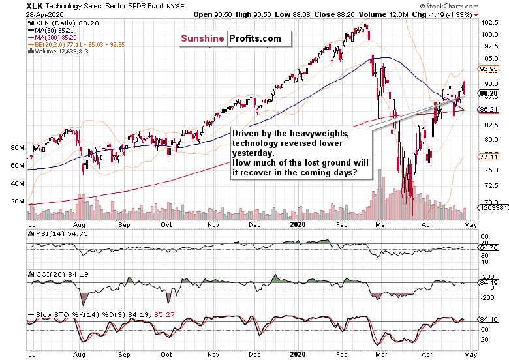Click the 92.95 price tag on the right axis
(489, 68)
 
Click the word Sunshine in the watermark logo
(202, 39)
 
